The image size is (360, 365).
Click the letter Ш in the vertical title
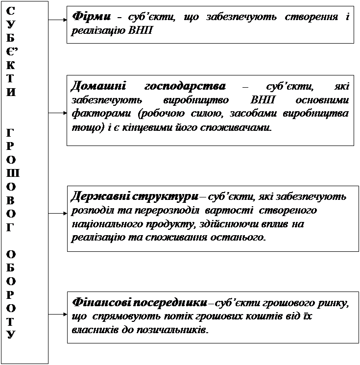[x=12, y=172]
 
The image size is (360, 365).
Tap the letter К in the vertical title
[x=12, y=65]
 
